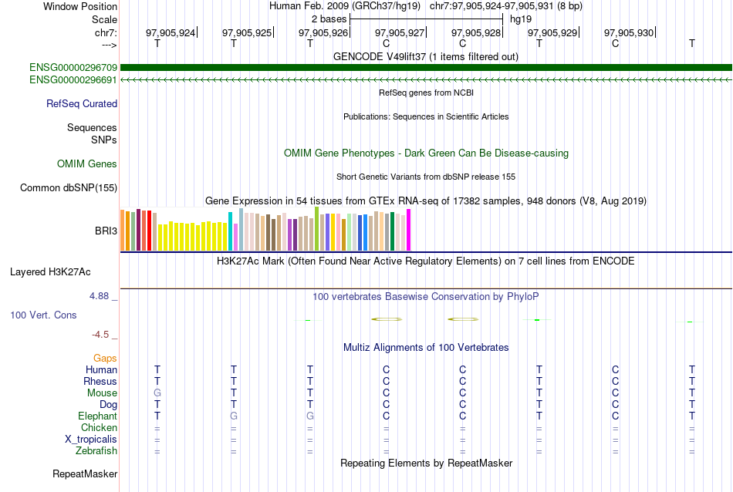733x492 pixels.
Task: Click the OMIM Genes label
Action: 87,164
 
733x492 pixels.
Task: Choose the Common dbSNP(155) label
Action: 69,188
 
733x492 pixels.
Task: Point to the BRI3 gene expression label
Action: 105,231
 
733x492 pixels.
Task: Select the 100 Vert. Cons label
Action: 43,315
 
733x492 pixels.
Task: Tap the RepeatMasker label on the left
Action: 85,473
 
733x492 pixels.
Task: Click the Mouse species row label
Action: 102,393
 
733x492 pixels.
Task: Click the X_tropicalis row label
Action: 91,440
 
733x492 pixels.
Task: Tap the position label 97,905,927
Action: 400,32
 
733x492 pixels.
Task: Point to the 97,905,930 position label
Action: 629,32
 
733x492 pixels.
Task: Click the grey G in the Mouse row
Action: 157,393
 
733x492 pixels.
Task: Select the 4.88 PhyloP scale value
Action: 100,295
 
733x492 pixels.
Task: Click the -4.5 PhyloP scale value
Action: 103,334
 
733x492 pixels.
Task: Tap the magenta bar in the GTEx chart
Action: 409,230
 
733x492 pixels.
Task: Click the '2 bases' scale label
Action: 329,19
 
